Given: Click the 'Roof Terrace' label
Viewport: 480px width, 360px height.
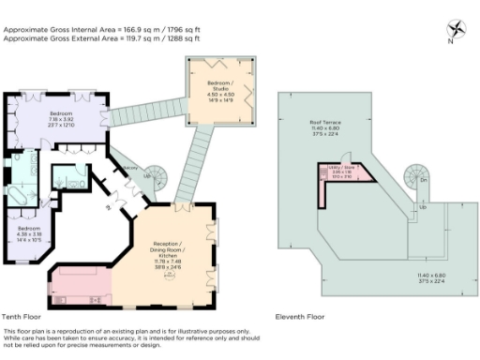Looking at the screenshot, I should click(324, 123).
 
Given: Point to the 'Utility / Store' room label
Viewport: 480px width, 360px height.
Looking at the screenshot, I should click(343, 170).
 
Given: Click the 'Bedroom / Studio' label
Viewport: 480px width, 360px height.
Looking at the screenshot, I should click(221, 85).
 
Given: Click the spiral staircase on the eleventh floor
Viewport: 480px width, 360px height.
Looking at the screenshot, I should click(416, 175).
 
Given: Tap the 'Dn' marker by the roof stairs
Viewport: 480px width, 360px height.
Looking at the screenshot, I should click(424, 179).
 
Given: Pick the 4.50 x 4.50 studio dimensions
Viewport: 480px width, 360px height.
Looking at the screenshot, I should click(221, 95).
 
